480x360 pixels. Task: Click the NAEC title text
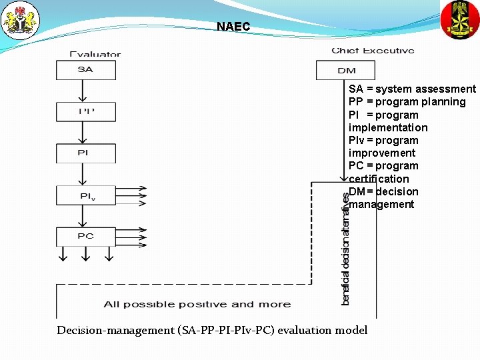coord(233,27)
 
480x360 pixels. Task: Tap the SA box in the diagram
coord(86,70)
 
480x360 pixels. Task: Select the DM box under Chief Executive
coord(346,70)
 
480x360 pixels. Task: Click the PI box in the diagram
coord(86,153)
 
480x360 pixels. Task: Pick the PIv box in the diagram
coord(86,195)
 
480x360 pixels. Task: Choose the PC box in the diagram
coord(86,236)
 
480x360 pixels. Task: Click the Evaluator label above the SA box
coord(95,54)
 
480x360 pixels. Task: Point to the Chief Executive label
coord(373,51)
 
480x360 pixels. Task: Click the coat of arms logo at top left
coord(21,20)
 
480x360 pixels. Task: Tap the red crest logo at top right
coord(460,19)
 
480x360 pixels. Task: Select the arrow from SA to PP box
coord(83,91)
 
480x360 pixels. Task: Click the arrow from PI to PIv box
coord(83,174)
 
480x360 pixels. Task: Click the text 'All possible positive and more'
coord(197,305)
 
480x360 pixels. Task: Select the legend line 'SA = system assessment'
coord(412,89)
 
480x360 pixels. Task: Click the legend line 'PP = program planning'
coord(407,102)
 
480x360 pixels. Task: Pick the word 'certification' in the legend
coord(379,179)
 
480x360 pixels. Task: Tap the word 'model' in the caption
coord(351,330)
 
